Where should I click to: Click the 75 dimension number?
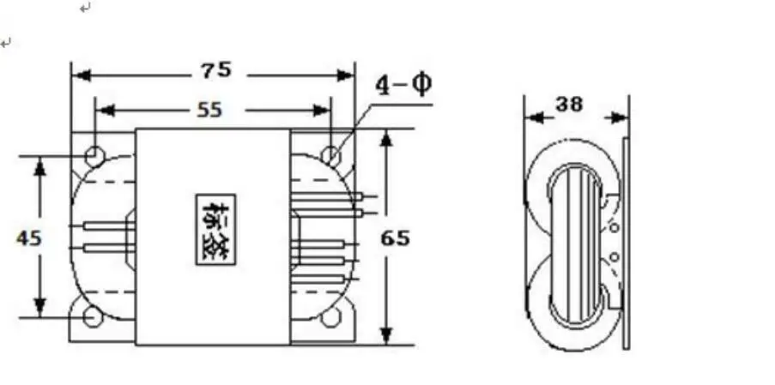coord(216,71)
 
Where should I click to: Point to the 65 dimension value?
coord(395,238)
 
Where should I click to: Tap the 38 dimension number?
coord(569,105)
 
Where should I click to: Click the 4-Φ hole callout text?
coord(403,85)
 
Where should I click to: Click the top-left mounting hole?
coord(94,155)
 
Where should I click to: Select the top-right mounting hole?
coord(330,155)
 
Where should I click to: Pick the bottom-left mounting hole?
coord(93,317)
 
